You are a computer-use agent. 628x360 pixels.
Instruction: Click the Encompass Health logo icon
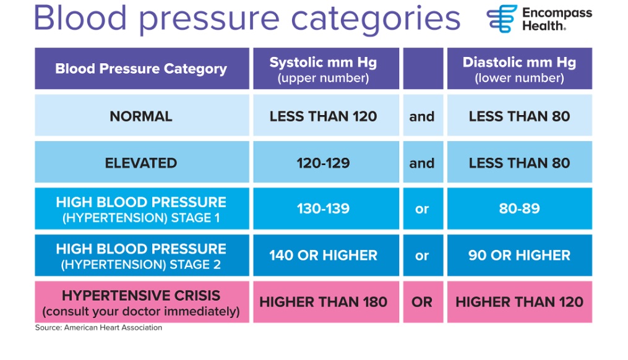click(502, 19)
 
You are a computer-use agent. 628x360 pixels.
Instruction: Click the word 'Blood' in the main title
click(80, 19)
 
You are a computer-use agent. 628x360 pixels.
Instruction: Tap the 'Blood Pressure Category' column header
click(142, 69)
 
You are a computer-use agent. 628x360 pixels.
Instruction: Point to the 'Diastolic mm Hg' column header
click(520, 69)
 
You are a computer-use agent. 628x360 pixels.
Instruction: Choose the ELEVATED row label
click(142, 162)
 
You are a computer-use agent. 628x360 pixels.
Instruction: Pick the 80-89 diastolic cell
click(520, 208)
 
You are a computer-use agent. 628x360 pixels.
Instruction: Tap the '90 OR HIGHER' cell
click(520, 255)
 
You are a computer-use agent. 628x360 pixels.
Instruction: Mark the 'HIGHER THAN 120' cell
click(520, 302)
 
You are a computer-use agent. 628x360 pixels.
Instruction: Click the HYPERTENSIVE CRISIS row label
click(142, 302)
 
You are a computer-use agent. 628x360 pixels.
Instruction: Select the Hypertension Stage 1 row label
click(142, 208)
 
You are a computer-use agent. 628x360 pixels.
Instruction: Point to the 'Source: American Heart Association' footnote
click(98, 328)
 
